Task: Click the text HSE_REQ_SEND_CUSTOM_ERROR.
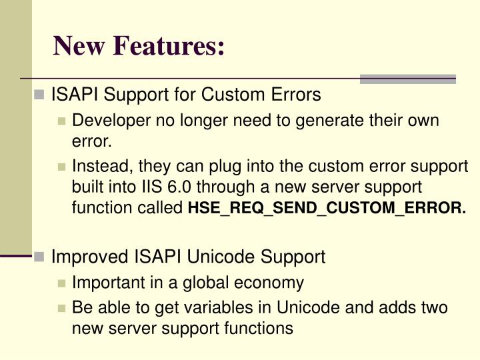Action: pyautogui.click(x=327, y=209)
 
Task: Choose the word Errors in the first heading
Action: pyautogui.click(x=300, y=95)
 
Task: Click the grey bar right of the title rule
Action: pyautogui.click(x=407, y=79)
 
